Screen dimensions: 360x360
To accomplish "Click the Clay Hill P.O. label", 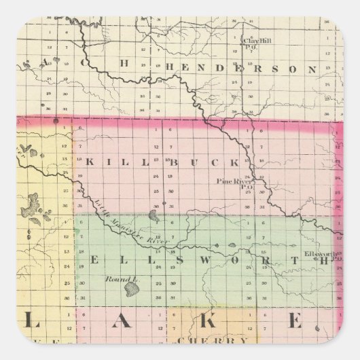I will click(x=255, y=43).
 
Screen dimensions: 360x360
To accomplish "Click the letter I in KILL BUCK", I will click(x=107, y=162).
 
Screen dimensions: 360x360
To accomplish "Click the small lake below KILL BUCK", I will click(x=155, y=218).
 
